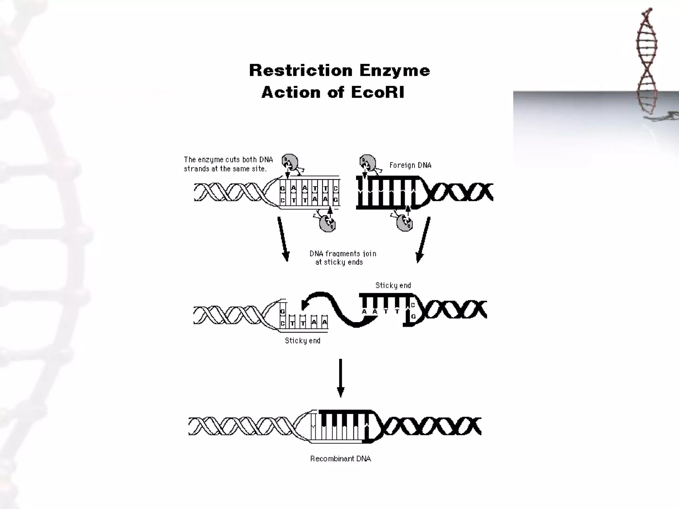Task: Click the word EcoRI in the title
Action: [x=378, y=92]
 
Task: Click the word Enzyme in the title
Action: [x=395, y=70]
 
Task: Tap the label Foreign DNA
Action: [x=410, y=165]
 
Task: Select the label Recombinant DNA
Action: [x=340, y=459]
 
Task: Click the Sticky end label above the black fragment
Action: [x=393, y=285]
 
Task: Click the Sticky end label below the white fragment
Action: [x=302, y=341]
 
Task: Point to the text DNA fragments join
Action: [x=343, y=254]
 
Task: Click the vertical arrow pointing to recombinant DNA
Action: [x=340, y=378]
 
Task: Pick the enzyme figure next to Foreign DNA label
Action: [x=368, y=163]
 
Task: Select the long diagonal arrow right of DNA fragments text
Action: [x=424, y=240]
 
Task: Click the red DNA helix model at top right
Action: [x=647, y=60]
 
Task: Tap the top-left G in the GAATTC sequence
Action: [x=282, y=189]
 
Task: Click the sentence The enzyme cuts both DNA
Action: [x=228, y=160]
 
